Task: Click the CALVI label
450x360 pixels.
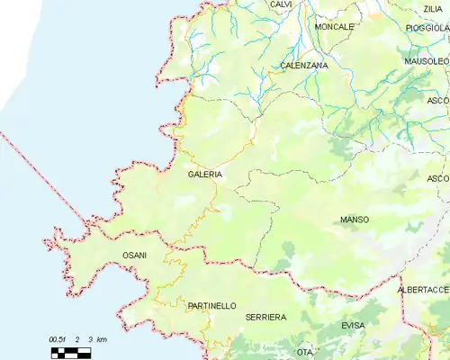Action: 281,4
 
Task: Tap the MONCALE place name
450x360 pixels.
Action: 335,27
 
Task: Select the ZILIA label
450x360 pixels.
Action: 433,8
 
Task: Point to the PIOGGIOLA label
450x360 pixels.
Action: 427,28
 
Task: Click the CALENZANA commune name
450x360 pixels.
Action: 304,66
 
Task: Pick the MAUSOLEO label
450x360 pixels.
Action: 427,62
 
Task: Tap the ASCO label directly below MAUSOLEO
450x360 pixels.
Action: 437,100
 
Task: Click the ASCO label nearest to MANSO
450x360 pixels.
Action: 437,178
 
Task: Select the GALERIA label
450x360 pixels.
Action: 205,175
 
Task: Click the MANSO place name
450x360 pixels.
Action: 355,220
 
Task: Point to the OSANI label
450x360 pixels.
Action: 134,256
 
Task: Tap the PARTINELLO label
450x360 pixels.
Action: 211,306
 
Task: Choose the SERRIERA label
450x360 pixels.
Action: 265,318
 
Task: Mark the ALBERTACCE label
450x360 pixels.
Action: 423,291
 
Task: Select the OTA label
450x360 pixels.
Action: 305,351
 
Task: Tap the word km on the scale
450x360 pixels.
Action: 101,339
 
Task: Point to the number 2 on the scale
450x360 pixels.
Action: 78,339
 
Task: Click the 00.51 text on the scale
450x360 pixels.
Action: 58,339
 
